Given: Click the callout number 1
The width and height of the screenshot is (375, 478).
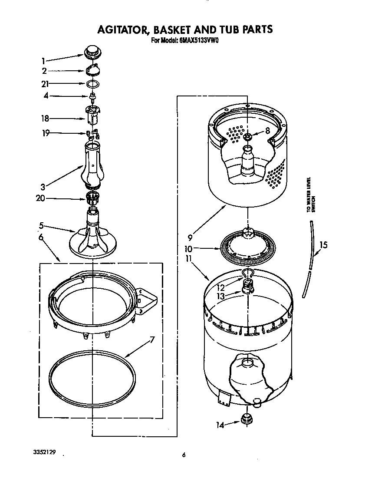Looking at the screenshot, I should click(x=43, y=61).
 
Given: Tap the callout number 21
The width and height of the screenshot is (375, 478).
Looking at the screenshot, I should click(x=45, y=84).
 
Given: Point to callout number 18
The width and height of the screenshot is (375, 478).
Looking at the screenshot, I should click(x=45, y=118).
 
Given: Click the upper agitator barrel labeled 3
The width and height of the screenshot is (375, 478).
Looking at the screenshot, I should click(x=92, y=165).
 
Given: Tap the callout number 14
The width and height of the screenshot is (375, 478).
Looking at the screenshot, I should click(x=220, y=425).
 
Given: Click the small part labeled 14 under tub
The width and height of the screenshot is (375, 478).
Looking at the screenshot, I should click(x=247, y=419).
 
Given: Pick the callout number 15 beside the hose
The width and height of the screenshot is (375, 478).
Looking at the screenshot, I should click(x=323, y=245).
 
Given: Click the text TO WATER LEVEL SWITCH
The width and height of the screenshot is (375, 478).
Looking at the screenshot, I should click(x=310, y=194).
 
